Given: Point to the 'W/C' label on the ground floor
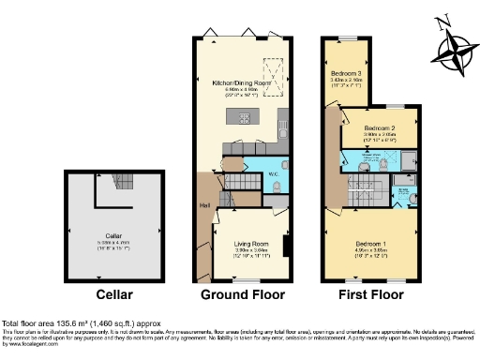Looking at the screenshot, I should pos(272,172).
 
